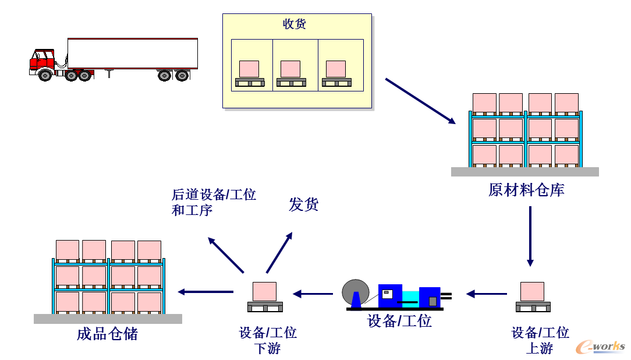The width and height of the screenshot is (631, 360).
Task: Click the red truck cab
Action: tap(42, 60)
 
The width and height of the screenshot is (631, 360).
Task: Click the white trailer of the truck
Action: tap(132, 54)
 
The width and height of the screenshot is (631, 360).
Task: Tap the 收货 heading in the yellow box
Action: tap(295, 24)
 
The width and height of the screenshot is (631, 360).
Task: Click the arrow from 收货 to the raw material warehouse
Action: tap(420, 101)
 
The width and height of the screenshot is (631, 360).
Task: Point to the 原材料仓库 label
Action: tap(526, 190)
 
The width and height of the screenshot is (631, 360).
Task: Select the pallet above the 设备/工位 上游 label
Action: tap(532, 296)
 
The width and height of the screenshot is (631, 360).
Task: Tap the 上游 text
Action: tap(540, 348)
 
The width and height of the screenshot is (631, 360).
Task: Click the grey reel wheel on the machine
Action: tap(356, 291)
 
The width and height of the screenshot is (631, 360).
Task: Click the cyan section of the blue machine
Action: tap(410, 296)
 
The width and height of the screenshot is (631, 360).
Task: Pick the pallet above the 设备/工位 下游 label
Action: tap(265, 296)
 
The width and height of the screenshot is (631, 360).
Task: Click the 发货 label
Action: tap(304, 204)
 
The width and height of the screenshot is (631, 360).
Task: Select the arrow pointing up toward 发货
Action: tap(279, 252)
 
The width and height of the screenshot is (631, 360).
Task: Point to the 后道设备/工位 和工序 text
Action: tap(214, 202)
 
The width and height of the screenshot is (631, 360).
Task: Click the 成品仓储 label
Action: tap(108, 334)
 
